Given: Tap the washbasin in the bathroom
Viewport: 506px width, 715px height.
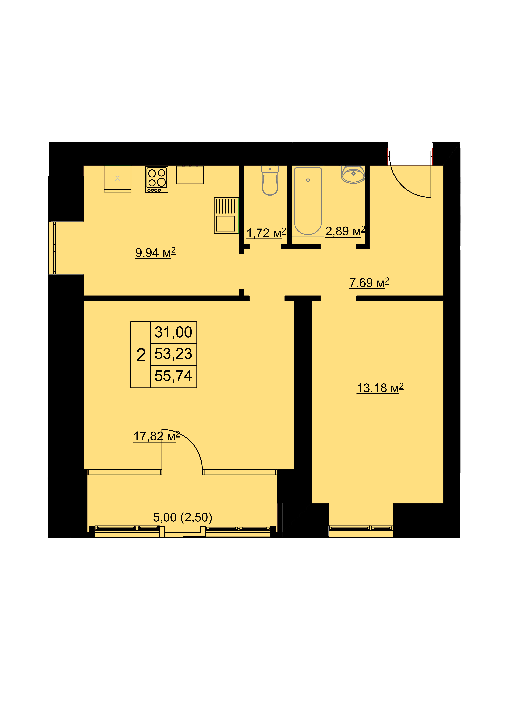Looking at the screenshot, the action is pyautogui.click(x=353, y=174).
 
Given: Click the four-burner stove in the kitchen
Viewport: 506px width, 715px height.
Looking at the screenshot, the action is pyautogui.click(x=157, y=179).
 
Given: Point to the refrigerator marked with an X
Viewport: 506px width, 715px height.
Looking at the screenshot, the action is pyautogui.click(x=117, y=179).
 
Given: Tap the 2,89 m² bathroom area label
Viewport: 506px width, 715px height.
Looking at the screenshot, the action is pyautogui.click(x=345, y=231).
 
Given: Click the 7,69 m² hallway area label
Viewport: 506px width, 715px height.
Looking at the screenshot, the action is pyautogui.click(x=369, y=283).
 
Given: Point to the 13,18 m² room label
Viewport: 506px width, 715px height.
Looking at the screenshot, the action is pyautogui.click(x=380, y=388).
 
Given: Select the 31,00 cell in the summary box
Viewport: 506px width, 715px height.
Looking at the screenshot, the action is pyautogui.click(x=174, y=332).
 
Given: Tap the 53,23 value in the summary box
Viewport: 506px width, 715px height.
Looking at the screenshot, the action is pyautogui.click(x=174, y=354).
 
